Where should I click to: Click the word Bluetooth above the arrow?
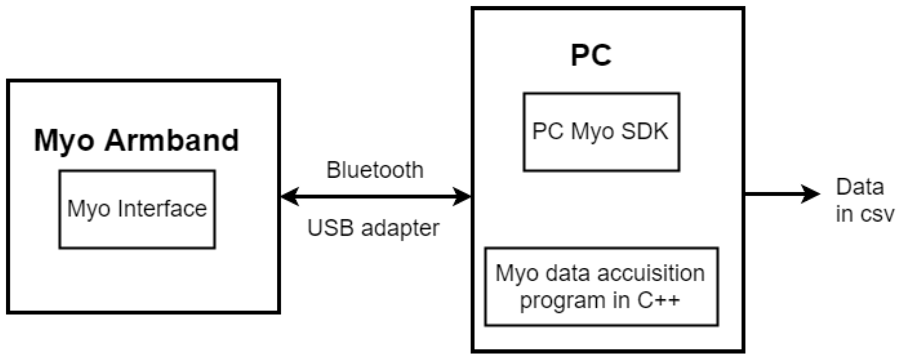coord(375,170)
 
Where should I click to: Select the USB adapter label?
coord(373,227)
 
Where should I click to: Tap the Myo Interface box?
coord(137,209)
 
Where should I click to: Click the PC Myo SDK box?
coord(601,132)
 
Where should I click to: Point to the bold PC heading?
coord(591,55)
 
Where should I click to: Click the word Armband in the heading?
coord(171,140)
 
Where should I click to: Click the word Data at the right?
coord(860,187)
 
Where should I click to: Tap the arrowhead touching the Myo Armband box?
coord(290,197)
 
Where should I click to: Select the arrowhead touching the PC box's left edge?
coord(462,197)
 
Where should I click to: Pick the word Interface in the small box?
coord(162,209)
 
